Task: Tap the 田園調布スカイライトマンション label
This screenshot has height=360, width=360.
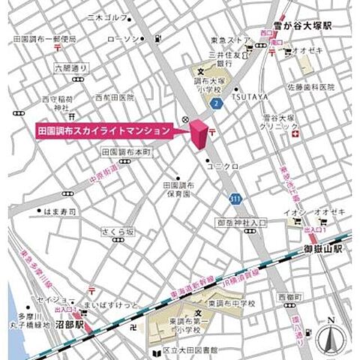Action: click(104, 130)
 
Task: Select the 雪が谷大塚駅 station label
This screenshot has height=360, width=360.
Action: click(303, 25)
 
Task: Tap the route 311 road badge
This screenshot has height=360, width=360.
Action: click(235, 198)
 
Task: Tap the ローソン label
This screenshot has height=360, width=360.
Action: click(123, 39)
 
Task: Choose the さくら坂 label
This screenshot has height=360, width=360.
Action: click(121, 232)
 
